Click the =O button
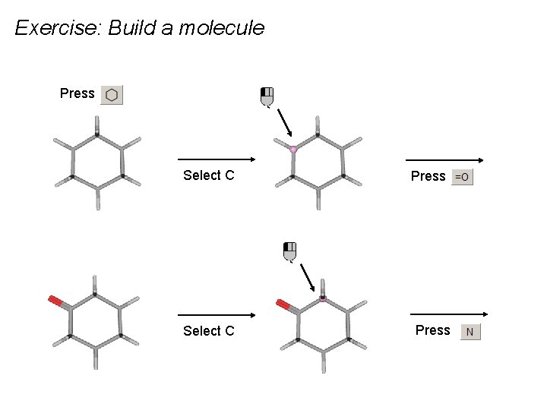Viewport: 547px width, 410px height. pyautogui.click(x=462, y=177)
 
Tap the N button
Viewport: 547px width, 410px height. pyautogui.click(x=470, y=332)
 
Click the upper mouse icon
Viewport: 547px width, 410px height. pyautogui.click(x=267, y=96)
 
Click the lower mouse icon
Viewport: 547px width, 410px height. pyautogui.click(x=289, y=251)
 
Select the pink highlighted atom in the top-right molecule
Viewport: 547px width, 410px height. pyautogui.click(x=293, y=150)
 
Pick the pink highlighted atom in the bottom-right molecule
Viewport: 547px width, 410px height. pyautogui.click(x=322, y=299)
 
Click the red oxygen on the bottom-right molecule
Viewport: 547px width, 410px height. pyautogui.click(x=283, y=305)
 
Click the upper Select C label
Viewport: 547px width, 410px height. pyautogui.click(x=208, y=175)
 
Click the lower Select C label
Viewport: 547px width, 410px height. pyautogui.click(x=208, y=330)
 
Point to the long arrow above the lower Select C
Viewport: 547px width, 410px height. pyautogui.click(x=216, y=314)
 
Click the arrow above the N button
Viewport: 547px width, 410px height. pyautogui.click(x=448, y=314)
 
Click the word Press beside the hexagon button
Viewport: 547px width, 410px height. pyautogui.click(x=77, y=93)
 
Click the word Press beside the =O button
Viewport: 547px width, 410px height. pyautogui.click(x=428, y=176)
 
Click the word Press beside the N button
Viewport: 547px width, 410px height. pyautogui.click(x=432, y=330)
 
